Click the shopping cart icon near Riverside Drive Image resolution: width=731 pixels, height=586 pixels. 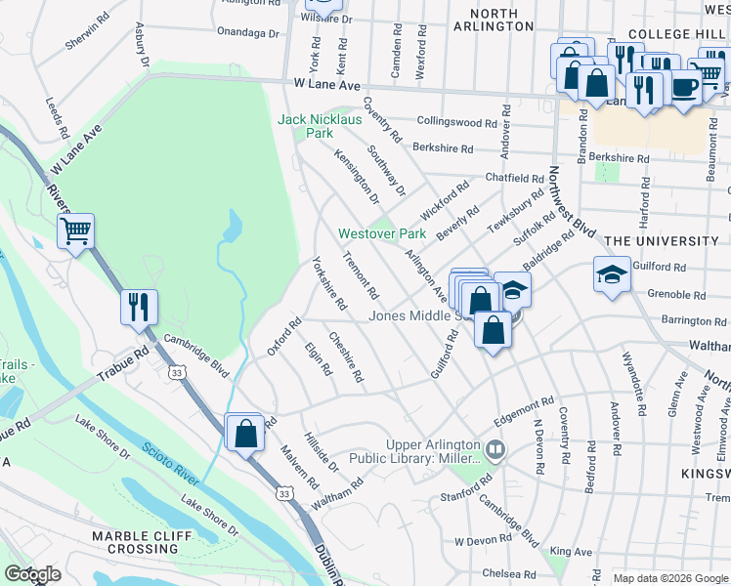tap(75, 232)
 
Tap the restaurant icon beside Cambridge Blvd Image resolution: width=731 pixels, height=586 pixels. tap(138, 307)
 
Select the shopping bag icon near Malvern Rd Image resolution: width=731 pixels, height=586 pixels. tap(244, 432)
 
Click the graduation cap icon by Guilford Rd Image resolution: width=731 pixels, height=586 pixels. tap(611, 277)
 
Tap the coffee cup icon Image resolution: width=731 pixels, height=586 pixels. tap(683, 87)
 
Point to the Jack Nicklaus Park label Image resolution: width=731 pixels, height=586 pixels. tap(320, 126)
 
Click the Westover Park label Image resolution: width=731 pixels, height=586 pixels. tap(382, 234)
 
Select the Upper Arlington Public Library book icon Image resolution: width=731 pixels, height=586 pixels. tap(495, 450)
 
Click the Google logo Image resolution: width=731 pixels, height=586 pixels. tap(32, 574)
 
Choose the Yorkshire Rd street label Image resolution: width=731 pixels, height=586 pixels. tap(328, 283)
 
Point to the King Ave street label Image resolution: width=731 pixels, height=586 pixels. tap(571, 553)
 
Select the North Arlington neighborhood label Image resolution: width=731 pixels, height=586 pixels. tap(501, 20)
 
